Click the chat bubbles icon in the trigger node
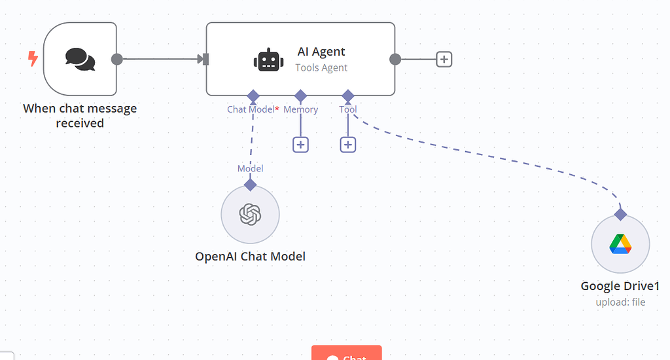pyautogui.click(x=80, y=59)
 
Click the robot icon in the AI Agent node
pyautogui.click(x=269, y=60)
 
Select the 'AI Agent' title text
pyautogui.click(x=321, y=52)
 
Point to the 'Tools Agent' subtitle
pyautogui.click(x=321, y=67)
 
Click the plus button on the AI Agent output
pyautogui.click(x=444, y=60)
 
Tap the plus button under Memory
pyautogui.click(x=300, y=144)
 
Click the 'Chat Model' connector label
pyautogui.click(x=251, y=109)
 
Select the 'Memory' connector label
pyautogui.click(x=301, y=109)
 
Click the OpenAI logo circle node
pyautogui.click(x=250, y=214)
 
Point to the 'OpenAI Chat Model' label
pyautogui.click(x=250, y=256)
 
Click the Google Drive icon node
pyautogui.click(x=620, y=244)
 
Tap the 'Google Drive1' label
pyautogui.click(x=620, y=286)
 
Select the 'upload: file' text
pyautogui.click(x=620, y=302)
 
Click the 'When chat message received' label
pyautogui.click(x=80, y=115)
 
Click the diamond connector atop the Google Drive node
pyautogui.click(x=620, y=213)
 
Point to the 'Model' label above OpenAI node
pyautogui.click(x=250, y=168)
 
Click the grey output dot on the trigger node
pyautogui.click(x=117, y=60)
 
